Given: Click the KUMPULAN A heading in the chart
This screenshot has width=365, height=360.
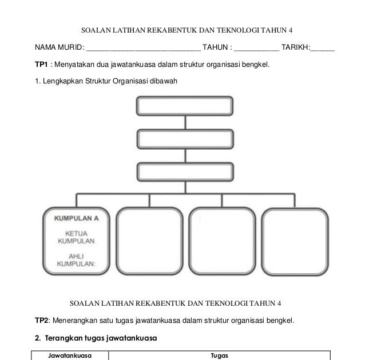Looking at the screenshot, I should [x=77, y=218].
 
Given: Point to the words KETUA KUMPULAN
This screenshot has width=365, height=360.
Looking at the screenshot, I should [x=76, y=238].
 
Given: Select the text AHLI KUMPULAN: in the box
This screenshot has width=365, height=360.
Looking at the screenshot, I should [x=76, y=259].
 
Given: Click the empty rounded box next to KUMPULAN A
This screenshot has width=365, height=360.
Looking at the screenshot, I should [x=149, y=242].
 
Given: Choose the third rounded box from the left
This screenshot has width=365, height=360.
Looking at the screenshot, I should [x=221, y=242].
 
